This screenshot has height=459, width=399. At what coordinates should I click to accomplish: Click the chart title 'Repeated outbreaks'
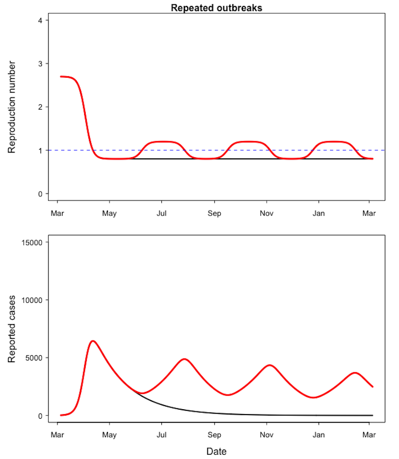pos(216,8)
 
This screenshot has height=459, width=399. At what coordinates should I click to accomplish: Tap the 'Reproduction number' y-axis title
pos(12,107)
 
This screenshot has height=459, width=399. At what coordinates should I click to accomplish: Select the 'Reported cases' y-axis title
pos(12,329)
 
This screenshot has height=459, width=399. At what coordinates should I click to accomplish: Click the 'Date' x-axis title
pos(216,452)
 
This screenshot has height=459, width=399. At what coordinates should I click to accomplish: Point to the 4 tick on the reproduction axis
pos(40,20)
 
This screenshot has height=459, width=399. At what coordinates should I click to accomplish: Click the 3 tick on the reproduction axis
pos(40,64)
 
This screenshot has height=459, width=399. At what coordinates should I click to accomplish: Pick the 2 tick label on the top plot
pos(40,107)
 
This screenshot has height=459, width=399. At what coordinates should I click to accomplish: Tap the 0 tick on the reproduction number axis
pos(40,194)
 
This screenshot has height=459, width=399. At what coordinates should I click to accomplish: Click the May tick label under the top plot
pos(110,213)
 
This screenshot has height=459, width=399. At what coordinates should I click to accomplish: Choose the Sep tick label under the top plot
pos(214,213)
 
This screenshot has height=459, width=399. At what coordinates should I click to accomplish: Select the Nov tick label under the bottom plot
pos(267,435)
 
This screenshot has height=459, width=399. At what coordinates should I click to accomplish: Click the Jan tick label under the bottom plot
pos(319,435)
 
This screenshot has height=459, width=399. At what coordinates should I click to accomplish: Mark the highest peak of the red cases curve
pos(93,341)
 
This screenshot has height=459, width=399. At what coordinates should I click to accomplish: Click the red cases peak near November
pos(269,365)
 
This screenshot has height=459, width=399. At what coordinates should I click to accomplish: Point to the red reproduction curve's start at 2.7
pos(61,77)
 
